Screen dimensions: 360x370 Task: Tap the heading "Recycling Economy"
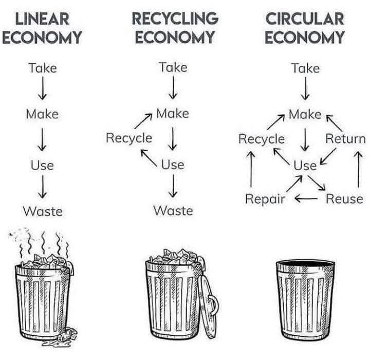(175, 28)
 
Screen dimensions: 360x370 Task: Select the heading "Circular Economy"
(305, 28)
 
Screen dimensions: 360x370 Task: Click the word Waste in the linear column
(42, 211)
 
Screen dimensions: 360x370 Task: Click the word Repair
(265, 199)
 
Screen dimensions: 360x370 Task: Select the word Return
(346, 138)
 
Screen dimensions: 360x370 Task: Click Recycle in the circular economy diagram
(261, 139)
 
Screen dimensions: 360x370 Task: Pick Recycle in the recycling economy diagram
(128, 138)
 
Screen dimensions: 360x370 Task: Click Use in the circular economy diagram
(305, 165)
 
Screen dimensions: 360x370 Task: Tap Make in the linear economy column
(42, 114)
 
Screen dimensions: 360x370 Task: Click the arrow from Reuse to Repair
(306, 199)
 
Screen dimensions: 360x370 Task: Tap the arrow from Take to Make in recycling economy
(173, 89)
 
